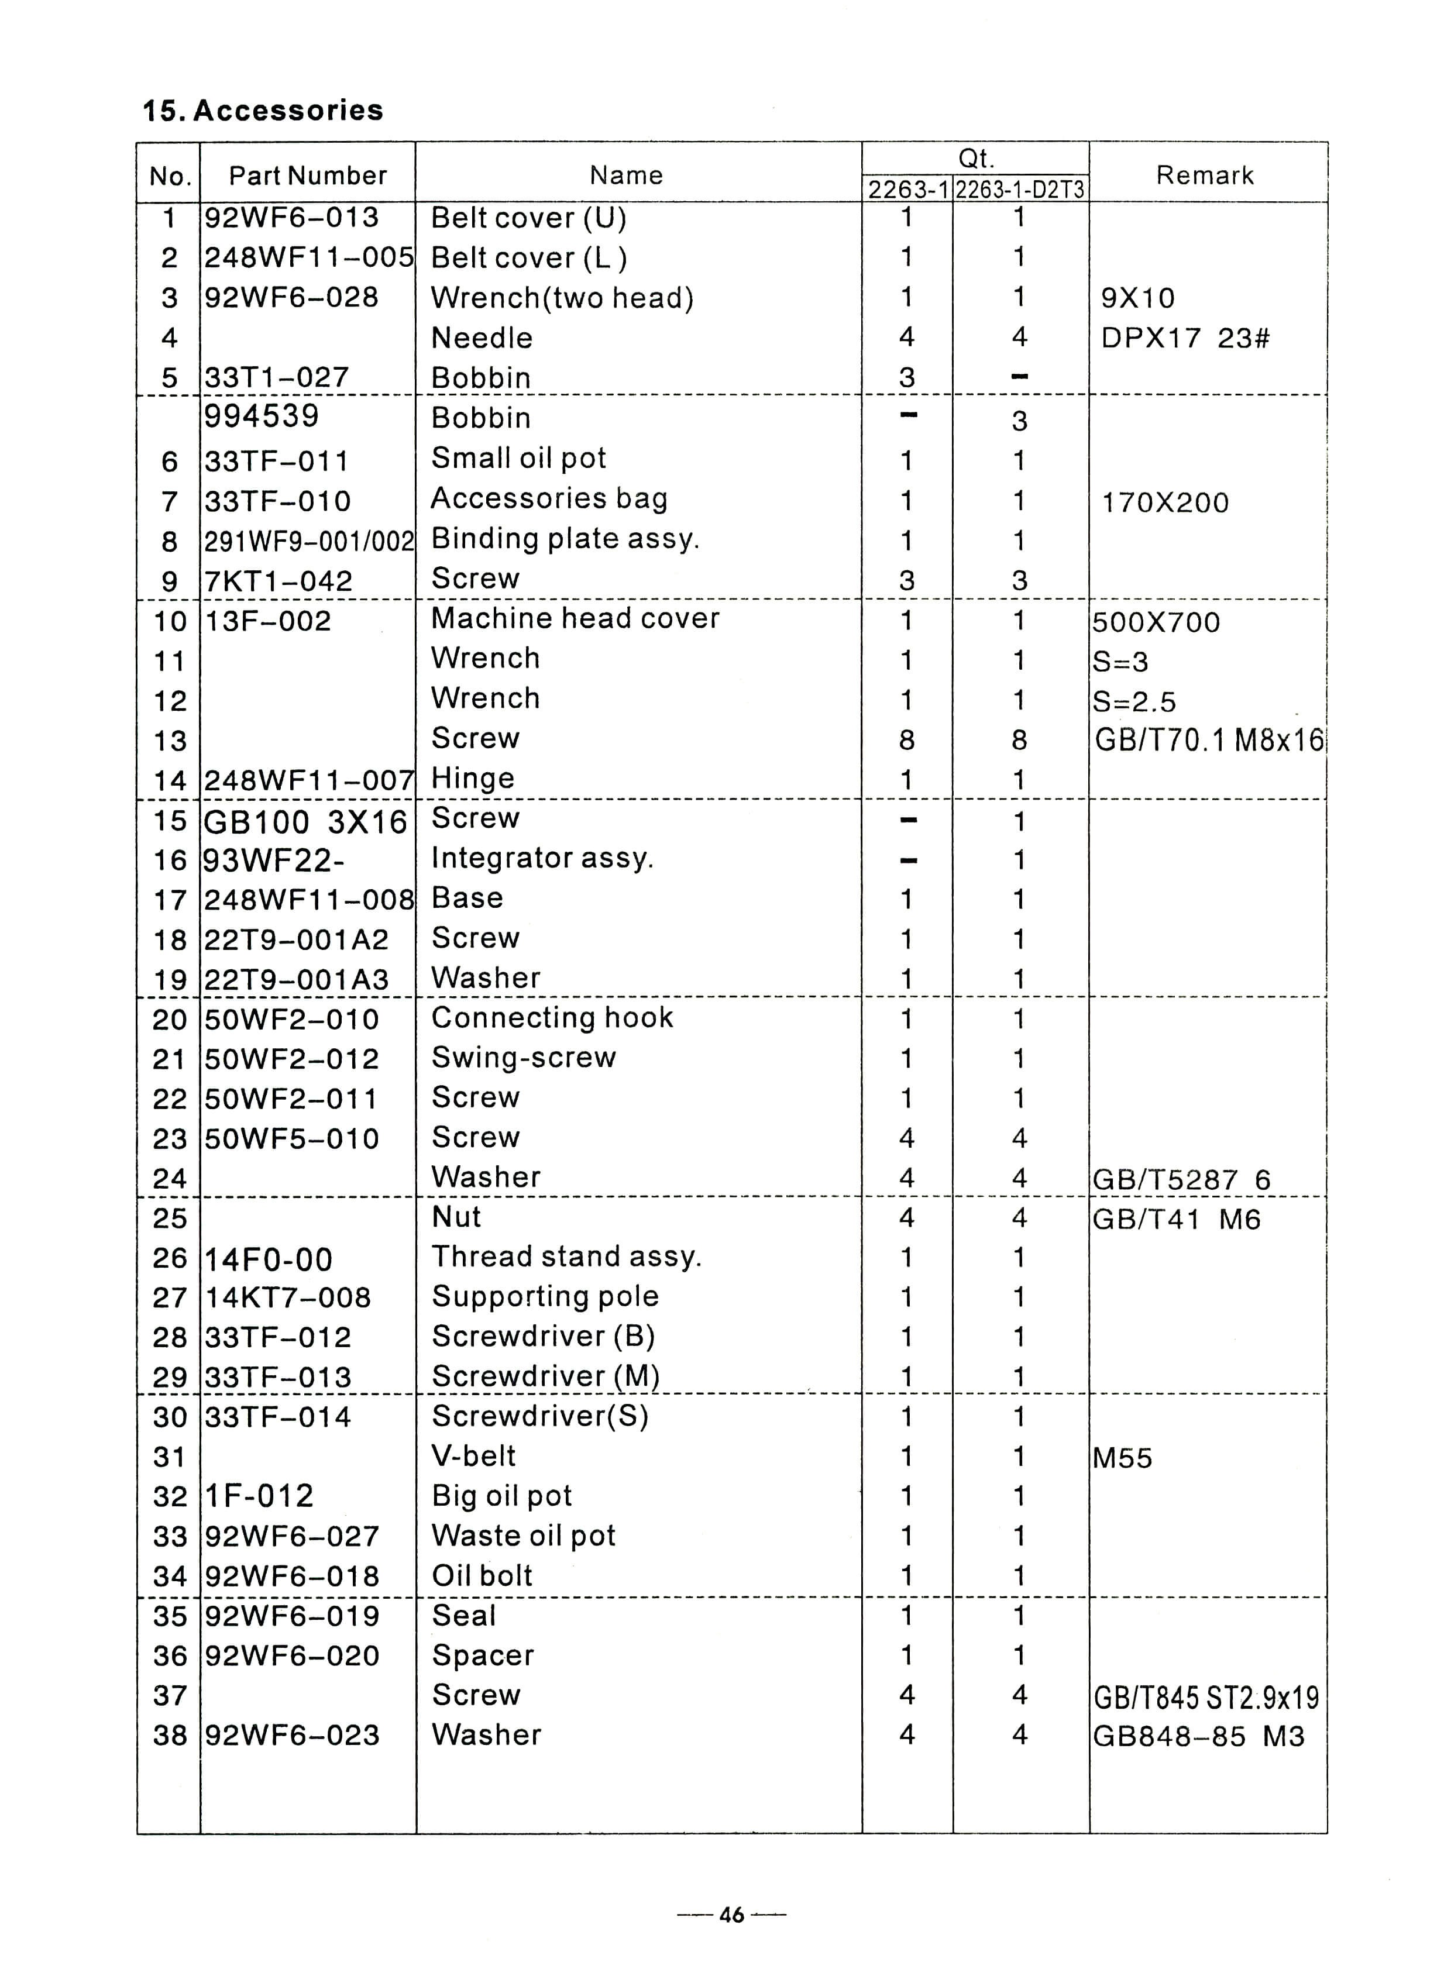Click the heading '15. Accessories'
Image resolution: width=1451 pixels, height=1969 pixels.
click(263, 111)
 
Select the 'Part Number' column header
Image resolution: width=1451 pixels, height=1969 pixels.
click(307, 175)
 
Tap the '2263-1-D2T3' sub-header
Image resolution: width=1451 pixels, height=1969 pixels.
click(1020, 190)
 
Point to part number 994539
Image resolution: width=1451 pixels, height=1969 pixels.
click(262, 416)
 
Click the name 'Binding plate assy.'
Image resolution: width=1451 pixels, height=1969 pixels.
click(565, 538)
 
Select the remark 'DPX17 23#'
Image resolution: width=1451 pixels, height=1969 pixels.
click(1185, 338)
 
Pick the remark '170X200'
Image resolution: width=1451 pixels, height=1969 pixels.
click(1165, 503)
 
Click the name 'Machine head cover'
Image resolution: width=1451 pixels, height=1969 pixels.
click(575, 618)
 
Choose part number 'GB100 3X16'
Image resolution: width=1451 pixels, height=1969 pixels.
click(305, 822)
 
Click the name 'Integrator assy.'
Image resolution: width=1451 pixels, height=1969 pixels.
click(542, 858)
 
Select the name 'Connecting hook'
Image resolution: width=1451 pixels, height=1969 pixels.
click(552, 1018)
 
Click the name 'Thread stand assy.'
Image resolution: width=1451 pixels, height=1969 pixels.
click(566, 1257)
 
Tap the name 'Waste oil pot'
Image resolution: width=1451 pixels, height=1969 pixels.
click(524, 1536)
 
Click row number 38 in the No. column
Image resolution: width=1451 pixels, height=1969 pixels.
click(170, 1736)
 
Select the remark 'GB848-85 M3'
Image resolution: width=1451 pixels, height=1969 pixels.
click(1198, 1736)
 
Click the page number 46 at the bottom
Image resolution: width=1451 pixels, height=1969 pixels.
click(731, 1915)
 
